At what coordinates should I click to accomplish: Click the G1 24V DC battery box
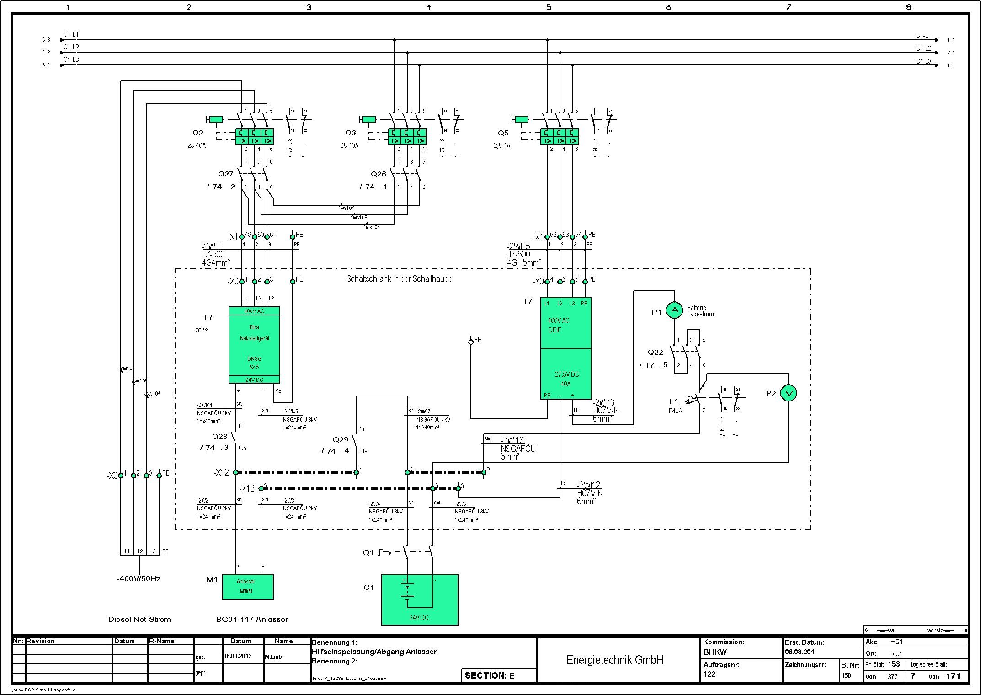pos(420,599)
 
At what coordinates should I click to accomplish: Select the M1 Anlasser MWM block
pos(248,587)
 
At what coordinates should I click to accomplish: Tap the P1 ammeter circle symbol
pos(674,310)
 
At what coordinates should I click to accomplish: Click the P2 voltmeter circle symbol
pos(789,393)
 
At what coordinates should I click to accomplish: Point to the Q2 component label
pos(197,133)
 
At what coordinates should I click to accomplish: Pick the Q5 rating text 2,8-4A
pos(501,145)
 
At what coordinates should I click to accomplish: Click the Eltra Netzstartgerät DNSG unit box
pos(254,345)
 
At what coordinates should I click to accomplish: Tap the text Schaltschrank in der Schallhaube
pos(399,279)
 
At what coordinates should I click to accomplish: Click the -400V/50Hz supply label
pos(139,579)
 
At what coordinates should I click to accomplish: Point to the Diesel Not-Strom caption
pos(139,620)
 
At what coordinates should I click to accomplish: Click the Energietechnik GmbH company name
pos(614,660)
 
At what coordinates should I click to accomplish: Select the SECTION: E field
pos(490,675)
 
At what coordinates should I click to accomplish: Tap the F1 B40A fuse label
pos(675,406)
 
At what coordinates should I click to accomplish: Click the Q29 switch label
pos(341,440)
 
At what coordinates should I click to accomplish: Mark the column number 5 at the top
pos(549,7)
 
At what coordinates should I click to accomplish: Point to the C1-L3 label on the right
pos(923,61)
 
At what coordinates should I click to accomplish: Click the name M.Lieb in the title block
pos(273,657)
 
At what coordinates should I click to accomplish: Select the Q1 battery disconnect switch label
pos(368,552)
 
